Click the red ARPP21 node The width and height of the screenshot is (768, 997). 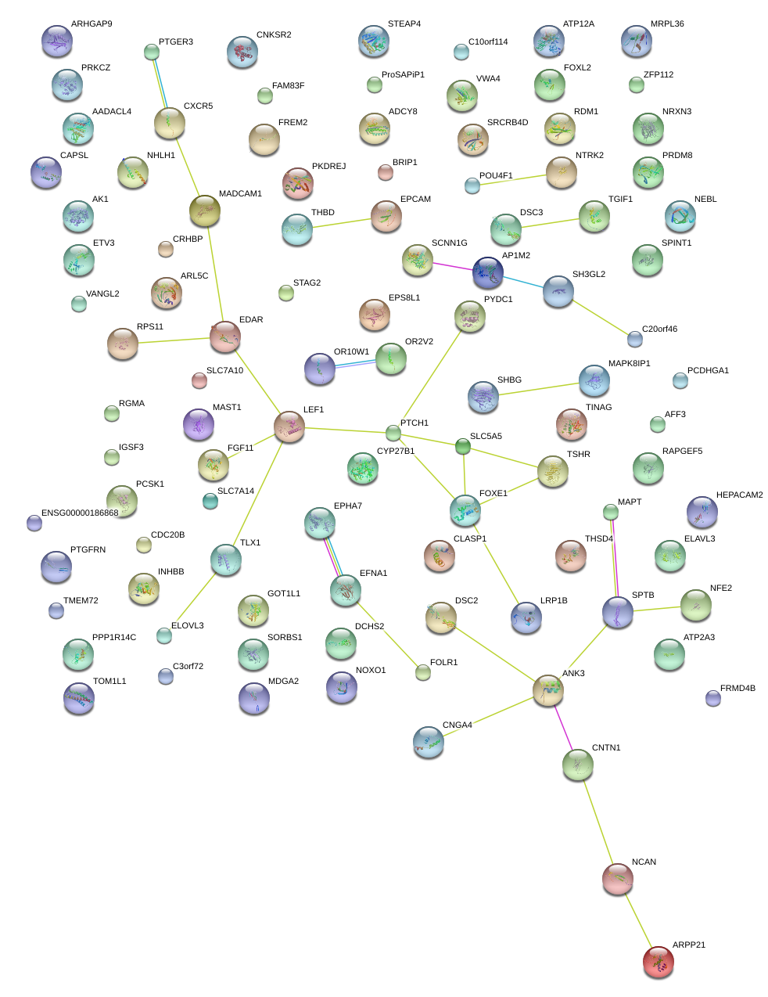[x=658, y=962]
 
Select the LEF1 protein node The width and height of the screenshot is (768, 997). [x=289, y=427]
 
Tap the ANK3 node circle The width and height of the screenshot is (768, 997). [x=548, y=690]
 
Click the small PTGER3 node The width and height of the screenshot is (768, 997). [x=152, y=52]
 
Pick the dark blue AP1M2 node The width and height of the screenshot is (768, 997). [x=488, y=272]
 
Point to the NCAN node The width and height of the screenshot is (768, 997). [x=618, y=879]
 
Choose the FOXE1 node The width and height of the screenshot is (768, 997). [x=465, y=510]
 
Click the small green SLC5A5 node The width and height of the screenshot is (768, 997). [x=463, y=447]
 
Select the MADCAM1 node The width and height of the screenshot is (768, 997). [x=205, y=210]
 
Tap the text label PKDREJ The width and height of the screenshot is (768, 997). [x=328, y=167]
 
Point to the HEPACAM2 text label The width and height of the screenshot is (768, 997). [x=739, y=495]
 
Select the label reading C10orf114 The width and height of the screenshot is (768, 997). [x=488, y=42]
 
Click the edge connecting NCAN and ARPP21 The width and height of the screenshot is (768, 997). [x=638, y=920]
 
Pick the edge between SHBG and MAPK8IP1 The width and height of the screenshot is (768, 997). [x=539, y=389]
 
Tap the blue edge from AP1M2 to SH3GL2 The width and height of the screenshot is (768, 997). [x=523, y=282]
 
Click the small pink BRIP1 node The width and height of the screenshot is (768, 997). [x=386, y=173]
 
